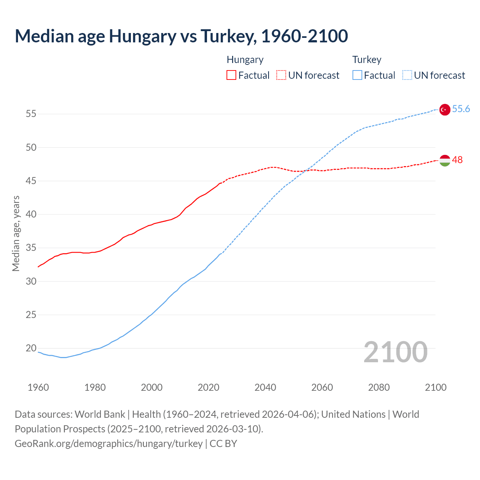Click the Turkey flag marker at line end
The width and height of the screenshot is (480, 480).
tap(444, 109)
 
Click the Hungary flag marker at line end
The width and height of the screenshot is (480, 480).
tap(444, 160)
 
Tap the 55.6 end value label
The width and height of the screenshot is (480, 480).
tap(461, 109)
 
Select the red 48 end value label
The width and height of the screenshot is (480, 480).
tap(457, 160)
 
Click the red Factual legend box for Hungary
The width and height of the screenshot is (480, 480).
tap(231, 75)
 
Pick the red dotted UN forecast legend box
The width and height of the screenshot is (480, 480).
tap(281, 75)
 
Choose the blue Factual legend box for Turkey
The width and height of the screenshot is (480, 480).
tap(357, 75)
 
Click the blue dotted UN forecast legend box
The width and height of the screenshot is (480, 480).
tap(407, 75)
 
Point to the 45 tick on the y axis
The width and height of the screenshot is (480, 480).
tap(31, 181)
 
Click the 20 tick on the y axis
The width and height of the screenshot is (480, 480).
tap(31, 348)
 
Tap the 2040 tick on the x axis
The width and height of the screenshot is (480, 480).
tap(265, 387)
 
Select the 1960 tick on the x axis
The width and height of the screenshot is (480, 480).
tap(38, 387)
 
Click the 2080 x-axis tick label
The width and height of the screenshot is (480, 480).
tap(379, 387)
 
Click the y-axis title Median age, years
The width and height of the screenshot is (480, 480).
tap(16, 233)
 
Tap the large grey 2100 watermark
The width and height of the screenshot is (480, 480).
tap(395, 352)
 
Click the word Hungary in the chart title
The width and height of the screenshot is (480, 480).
tap(142, 36)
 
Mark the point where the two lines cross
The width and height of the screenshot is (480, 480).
tap(305, 171)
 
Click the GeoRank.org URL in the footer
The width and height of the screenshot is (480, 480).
tap(108, 444)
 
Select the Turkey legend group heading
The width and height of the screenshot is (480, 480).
tap(366, 60)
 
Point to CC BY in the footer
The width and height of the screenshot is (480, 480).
tap(223, 444)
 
